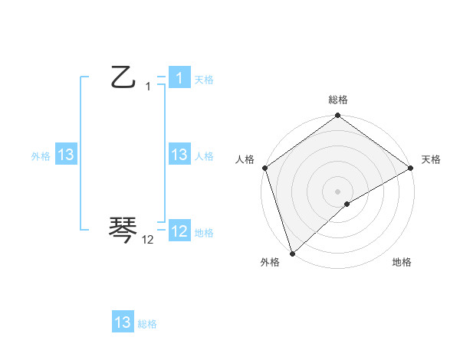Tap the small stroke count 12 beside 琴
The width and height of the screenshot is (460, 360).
(148, 241)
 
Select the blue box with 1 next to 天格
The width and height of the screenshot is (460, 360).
(179, 77)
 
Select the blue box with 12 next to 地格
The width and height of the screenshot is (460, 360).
(179, 231)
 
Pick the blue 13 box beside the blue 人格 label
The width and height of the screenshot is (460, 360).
(179, 155)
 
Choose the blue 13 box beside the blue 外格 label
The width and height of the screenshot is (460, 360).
(66, 155)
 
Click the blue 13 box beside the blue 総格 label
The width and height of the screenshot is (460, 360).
(123, 322)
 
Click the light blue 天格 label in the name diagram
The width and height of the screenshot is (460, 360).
(204, 79)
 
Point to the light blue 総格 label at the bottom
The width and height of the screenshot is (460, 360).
(147, 324)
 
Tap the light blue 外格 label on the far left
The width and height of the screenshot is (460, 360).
(41, 156)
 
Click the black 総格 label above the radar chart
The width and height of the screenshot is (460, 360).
(338, 100)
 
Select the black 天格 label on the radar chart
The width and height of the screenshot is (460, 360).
(432, 159)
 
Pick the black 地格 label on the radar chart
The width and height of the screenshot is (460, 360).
(402, 262)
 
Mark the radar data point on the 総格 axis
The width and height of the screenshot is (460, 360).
(338, 117)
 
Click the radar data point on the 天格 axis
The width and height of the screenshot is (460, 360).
(411, 168)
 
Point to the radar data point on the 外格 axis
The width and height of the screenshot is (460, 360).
(292, 253)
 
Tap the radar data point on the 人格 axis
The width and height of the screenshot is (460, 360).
(264, 168)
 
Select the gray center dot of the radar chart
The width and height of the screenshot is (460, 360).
(338, 191)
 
